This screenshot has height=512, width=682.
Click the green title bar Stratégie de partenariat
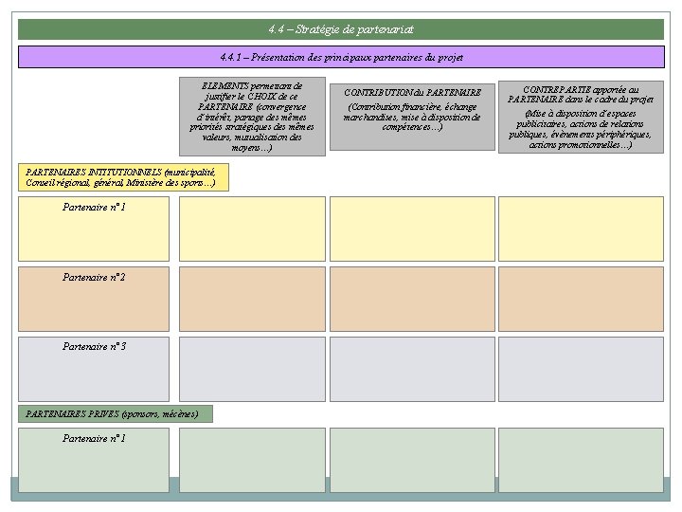click(341, 29)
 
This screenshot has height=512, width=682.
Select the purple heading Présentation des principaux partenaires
click(341, 58)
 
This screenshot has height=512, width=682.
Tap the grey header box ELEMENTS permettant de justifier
click(252, 117)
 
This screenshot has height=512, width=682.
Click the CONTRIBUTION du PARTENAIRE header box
click(412, 117)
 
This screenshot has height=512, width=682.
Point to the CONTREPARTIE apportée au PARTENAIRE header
click(581, 117)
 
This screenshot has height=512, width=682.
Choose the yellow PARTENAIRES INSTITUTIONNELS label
click(123, 177)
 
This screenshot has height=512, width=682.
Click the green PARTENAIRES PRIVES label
click(115, 413)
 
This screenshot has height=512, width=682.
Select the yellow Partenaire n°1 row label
click(94, 229)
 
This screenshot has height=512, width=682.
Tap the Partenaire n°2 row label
click(94, 299)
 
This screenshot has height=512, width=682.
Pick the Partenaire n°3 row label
click(94, 369)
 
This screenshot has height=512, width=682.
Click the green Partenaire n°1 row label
click(94, 460)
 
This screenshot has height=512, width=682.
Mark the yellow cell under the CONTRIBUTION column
click(412, 229)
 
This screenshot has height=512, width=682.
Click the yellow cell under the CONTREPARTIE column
click(581, 229)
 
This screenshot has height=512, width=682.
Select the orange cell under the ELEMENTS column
click(252, 299)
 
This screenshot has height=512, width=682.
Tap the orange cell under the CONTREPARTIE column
click(581, 299)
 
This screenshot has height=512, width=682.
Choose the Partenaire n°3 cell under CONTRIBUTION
click(412, 369)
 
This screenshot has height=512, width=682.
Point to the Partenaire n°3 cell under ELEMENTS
click(252, 369)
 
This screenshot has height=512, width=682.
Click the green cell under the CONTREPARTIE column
click(581, 460)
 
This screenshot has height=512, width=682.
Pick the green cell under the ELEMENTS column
click(252, 460)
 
